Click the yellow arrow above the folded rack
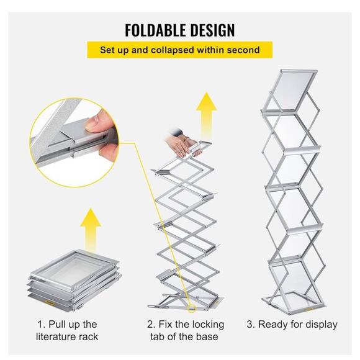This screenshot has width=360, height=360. [91, 230]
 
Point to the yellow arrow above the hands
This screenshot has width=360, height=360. [207, 116]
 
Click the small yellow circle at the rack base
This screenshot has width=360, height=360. [191, 308]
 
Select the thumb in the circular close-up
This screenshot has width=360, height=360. [99, 121]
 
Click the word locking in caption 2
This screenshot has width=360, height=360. [208, 325]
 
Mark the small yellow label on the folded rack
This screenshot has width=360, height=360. [50, 303]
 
